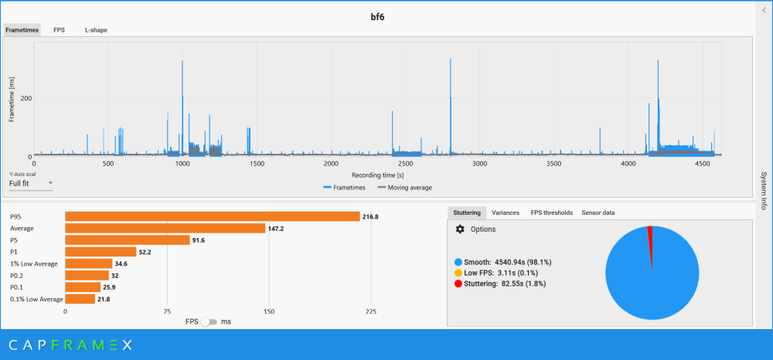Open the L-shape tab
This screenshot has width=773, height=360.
pyautogui.click(x=96, y=30)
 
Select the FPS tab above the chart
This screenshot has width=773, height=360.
pyautogui.click(x=59, y=30)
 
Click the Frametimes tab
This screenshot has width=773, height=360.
pyautogui.click(x=22, y=30)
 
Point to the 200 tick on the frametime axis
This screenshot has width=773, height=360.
pyautogui.click(x=25, y=98)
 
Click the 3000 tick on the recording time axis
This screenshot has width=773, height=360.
pyautogui.click(x=479, y=164)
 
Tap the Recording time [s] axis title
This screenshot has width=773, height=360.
pyautogui.click(x=377, y=175)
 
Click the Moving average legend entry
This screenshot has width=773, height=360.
pyautogui.click(x=404, y=188)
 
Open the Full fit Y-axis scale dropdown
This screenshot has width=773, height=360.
pyautogui.click(x=31, y=184)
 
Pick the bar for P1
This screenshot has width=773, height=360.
pyautogui.click(x=100, y=252)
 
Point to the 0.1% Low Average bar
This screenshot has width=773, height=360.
pyautogui.click(x=80, y=299)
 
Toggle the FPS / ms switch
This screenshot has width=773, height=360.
pyautogui.click(x=206, y=321)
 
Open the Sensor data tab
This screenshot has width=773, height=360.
pyautogui.click(x=598, y=212)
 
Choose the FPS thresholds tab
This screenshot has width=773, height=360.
pyautogui.click(x=551, y=212)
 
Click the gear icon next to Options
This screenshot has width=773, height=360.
pyautogui.click(x=460, y=229)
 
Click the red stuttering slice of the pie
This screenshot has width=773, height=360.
pyautogui.click(x=650, y=236)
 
